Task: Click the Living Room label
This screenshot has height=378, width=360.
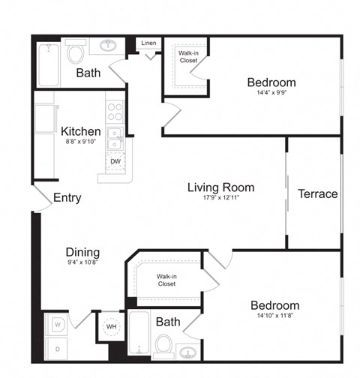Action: click(220, 187)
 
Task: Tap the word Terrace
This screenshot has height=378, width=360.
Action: click(318, 193)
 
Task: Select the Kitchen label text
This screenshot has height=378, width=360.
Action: click(81, 131)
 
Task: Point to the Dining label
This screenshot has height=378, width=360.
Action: click(82, 253)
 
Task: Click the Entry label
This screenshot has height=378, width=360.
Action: click(67, 198)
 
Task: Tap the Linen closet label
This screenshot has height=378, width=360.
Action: click(149, 43)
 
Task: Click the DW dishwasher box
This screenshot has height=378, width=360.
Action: click(115, 161)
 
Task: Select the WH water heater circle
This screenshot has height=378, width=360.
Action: click(111, 327)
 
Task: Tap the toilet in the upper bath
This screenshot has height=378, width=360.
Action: click(76, 52)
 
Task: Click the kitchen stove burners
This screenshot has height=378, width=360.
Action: click(115, 112)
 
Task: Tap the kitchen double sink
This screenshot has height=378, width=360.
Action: click(115, 139)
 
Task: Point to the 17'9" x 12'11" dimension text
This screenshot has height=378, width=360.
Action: click(220, 199)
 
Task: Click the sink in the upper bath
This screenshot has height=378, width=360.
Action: click(107, 46)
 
